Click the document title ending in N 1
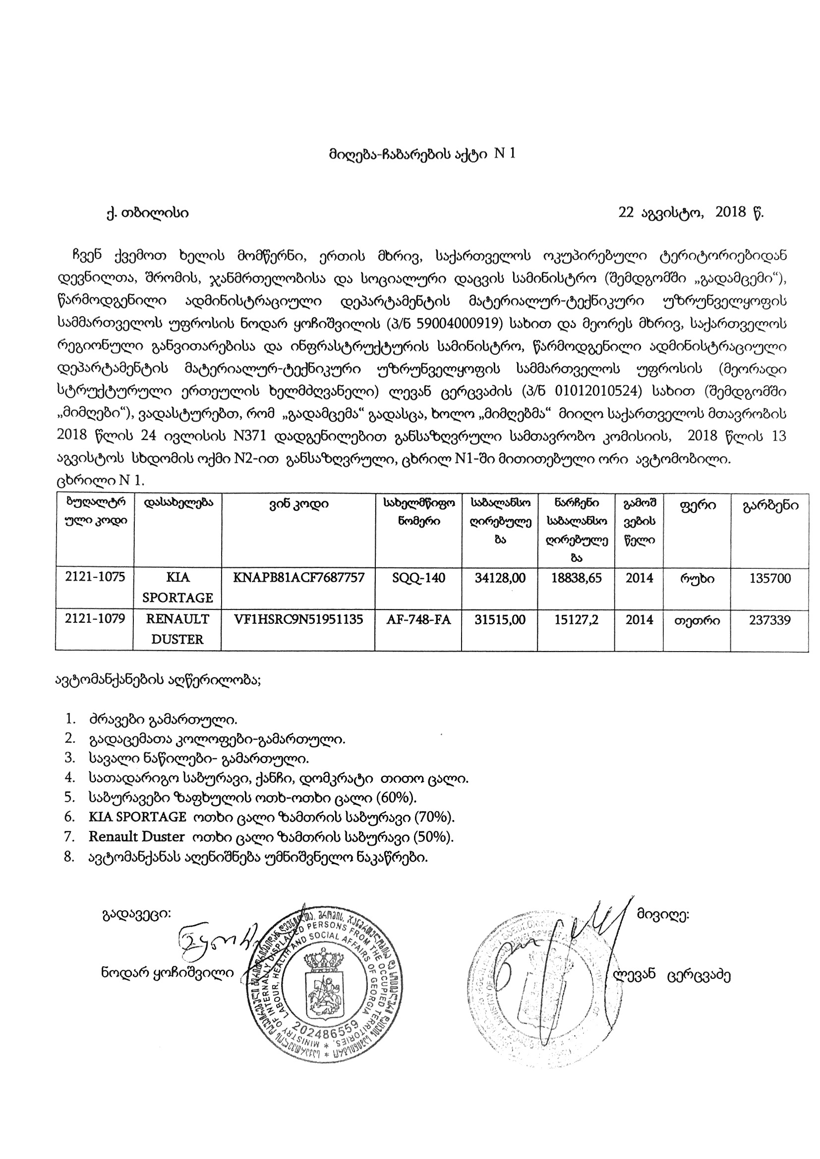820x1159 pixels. click(x=421, y=154)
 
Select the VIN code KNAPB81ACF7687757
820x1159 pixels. click(x=298, y=578)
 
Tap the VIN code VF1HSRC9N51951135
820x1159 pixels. click(x=298, y=619)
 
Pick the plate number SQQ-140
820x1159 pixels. click(x=418, y=578)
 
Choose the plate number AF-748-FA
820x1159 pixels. click(x=418, y=619)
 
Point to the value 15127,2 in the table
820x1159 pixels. click(x=576, y=619)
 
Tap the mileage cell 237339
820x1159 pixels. click(x=769, y=620)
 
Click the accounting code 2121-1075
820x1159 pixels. click(x=95, y=577)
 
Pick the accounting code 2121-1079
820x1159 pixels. click(x=95, y=619)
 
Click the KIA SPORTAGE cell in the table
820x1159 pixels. click(x=177, y=588)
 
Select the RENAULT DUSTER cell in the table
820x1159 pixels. click(x=177, y=629)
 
